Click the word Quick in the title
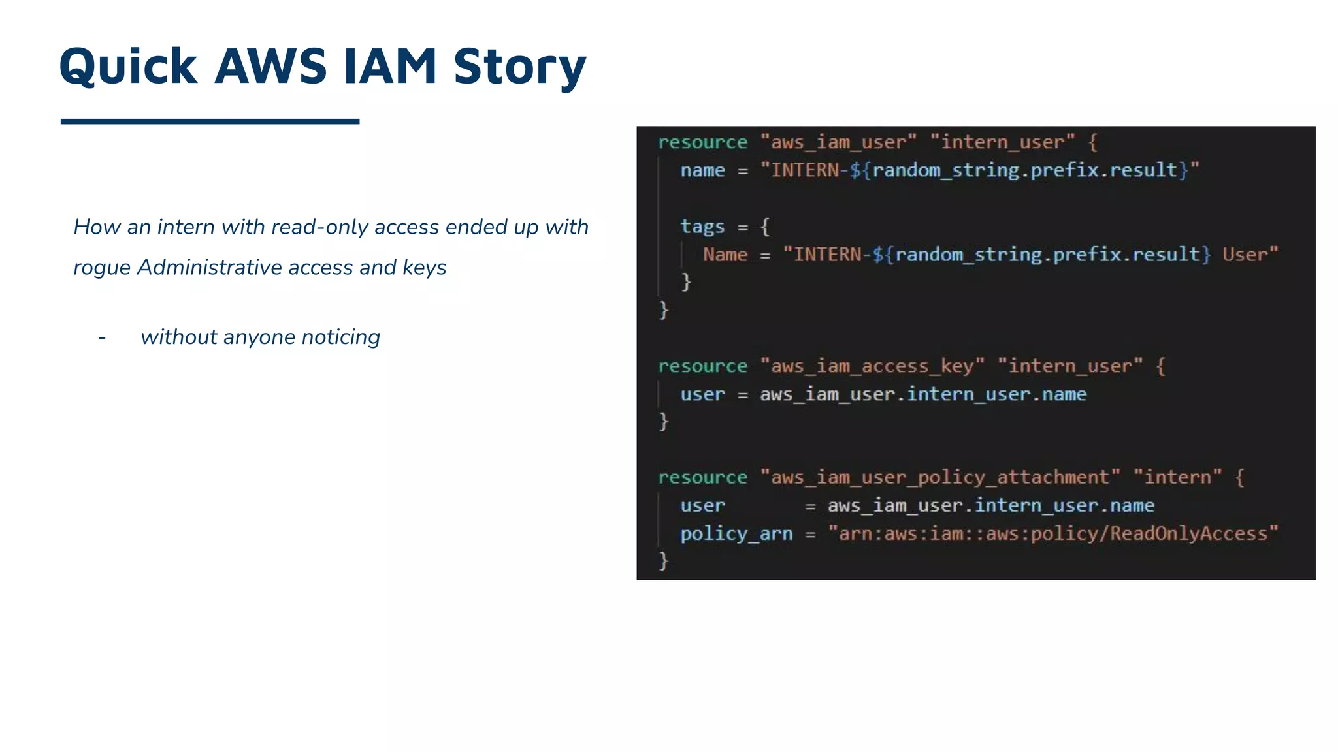128,67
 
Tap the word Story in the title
520,68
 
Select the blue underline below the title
210,121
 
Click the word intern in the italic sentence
186,227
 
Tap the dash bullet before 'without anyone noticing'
102,337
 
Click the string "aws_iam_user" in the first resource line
838,142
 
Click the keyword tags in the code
702,226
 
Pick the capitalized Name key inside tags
725,254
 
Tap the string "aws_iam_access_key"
872,366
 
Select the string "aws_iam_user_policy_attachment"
939,477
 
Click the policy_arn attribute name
736,533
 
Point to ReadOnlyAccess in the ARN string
1188,533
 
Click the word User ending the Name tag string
1245,254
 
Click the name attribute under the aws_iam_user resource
702,170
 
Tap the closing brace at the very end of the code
664,560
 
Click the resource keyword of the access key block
702,366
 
